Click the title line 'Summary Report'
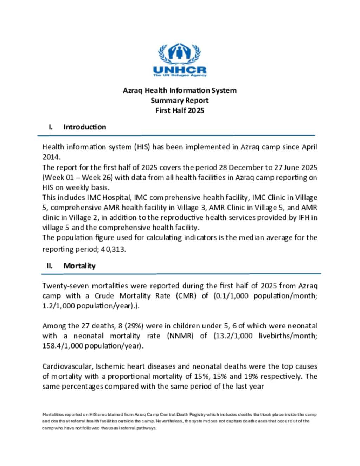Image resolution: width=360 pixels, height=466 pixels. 180,100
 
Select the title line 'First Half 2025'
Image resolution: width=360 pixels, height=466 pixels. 180,110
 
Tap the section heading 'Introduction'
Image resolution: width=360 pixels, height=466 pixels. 84,127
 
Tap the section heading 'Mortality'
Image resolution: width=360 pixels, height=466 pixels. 79,266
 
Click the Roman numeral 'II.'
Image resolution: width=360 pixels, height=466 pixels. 50,266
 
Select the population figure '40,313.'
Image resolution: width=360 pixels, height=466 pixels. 113,249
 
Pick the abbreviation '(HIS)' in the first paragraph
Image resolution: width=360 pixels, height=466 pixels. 142,147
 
